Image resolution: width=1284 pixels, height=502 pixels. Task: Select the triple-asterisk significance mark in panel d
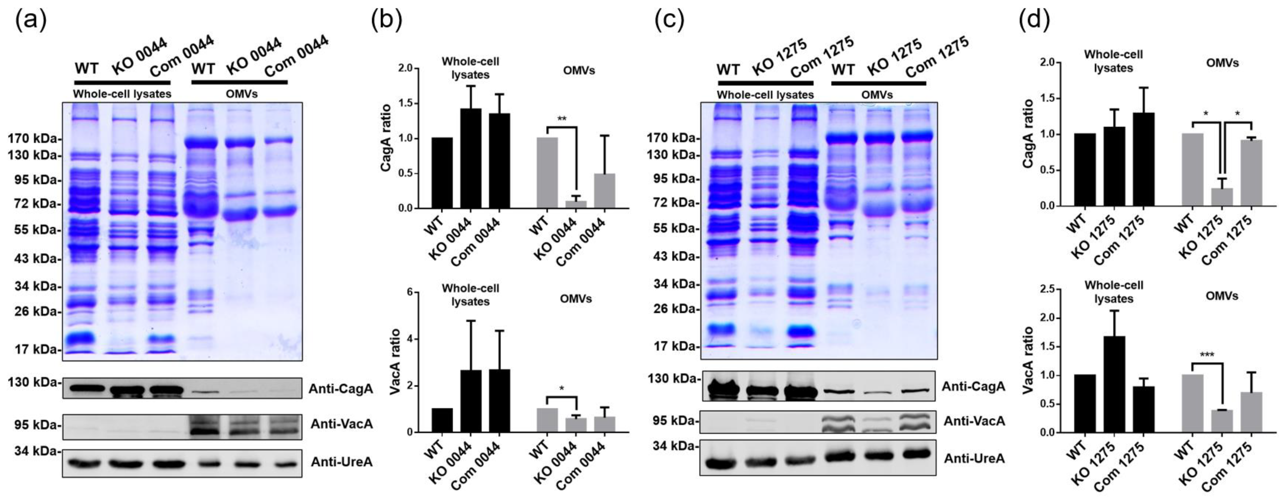(x=1207, y=355)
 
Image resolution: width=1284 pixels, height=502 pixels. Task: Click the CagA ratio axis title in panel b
(x=385, y=139)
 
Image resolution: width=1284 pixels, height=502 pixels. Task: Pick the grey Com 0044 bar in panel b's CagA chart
(x=604, y=191)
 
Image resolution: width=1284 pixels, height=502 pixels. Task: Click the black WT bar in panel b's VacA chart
(x=442, y=420)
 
